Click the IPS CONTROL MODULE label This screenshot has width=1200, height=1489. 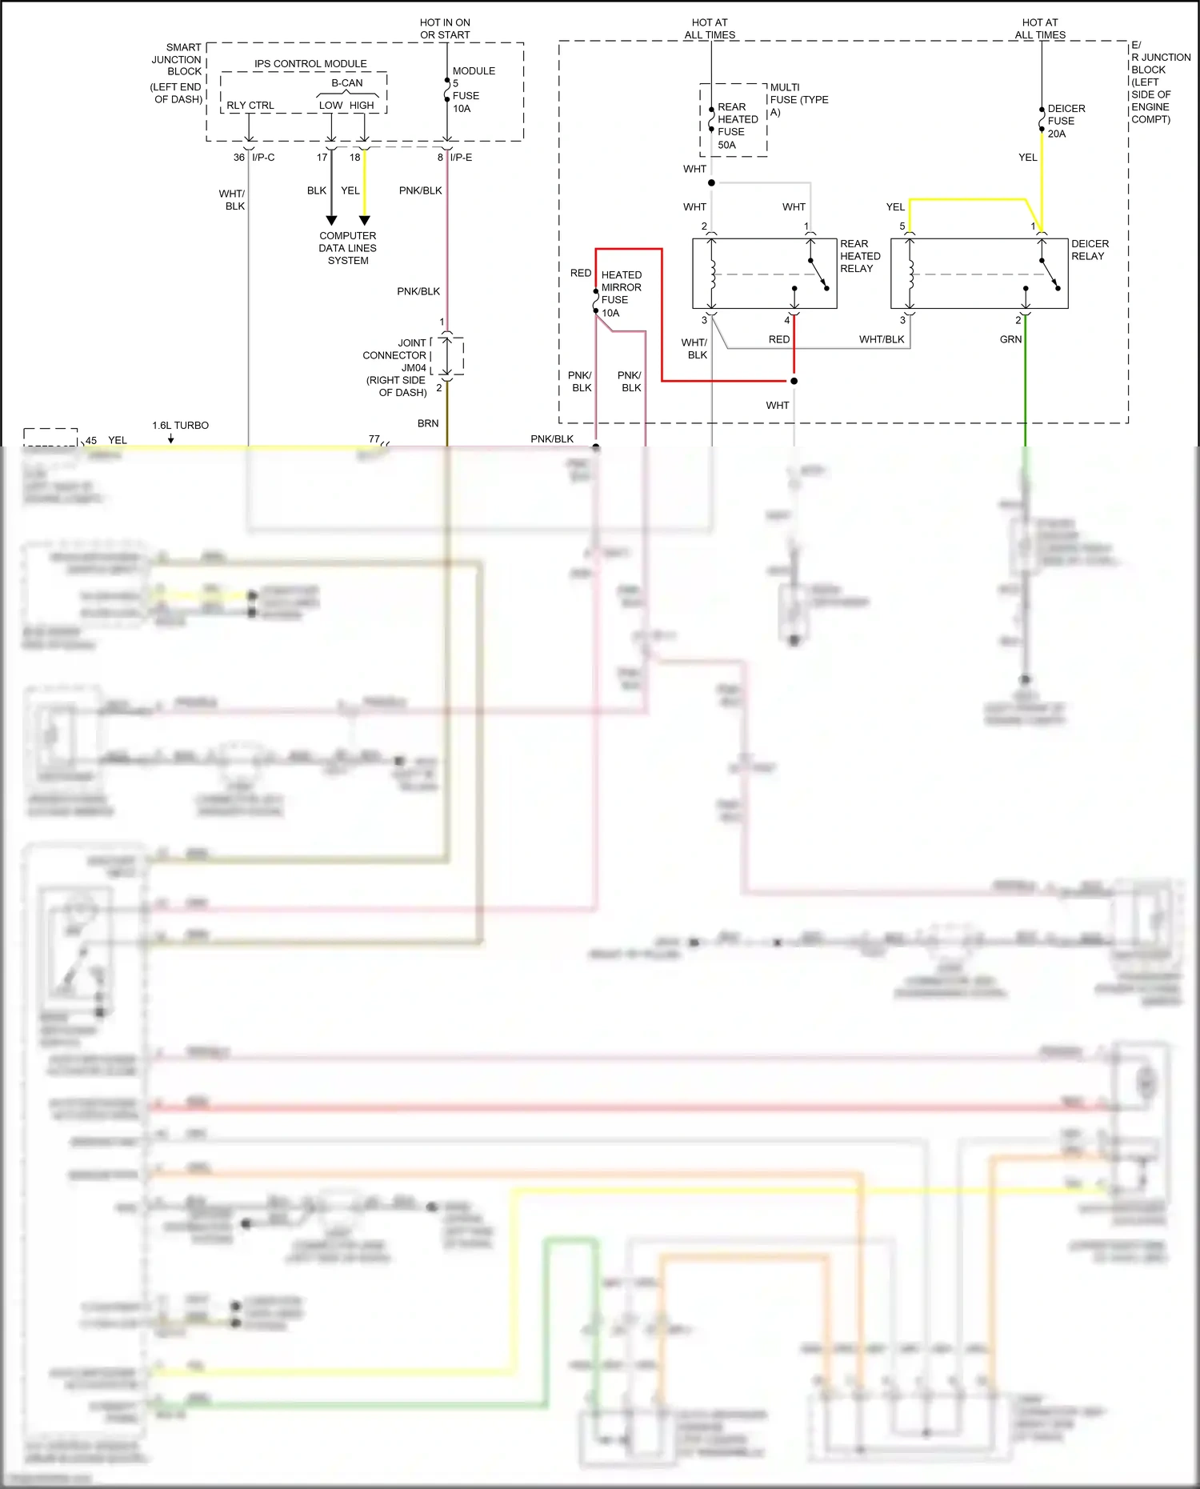point(310,64)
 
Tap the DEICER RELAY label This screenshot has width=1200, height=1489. point(1090,250)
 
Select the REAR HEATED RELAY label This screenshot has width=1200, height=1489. point(860,256)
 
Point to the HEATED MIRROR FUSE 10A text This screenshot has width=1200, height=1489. point(621,294)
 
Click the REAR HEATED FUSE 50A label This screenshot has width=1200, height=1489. point(737,126)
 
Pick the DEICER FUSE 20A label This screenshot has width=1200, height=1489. point(1066,121)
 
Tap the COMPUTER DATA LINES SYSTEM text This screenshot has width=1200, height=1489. point(347,248)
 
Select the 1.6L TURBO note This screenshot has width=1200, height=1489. point(180,426)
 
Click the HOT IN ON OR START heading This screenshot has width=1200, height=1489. point(445,29)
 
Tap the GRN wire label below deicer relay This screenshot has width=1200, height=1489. point(1010,339)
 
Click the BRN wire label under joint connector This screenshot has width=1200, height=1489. point(428,423)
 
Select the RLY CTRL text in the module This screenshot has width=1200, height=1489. point(250,106)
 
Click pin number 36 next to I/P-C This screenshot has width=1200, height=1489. point(238,158)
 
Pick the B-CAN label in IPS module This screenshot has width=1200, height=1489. point(347,83)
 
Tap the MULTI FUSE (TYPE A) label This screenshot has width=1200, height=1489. point(798,99)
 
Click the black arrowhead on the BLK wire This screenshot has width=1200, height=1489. point(331,220)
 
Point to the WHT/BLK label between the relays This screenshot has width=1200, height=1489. point(882,339)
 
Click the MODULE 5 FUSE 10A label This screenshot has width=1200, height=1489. point(473,90)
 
